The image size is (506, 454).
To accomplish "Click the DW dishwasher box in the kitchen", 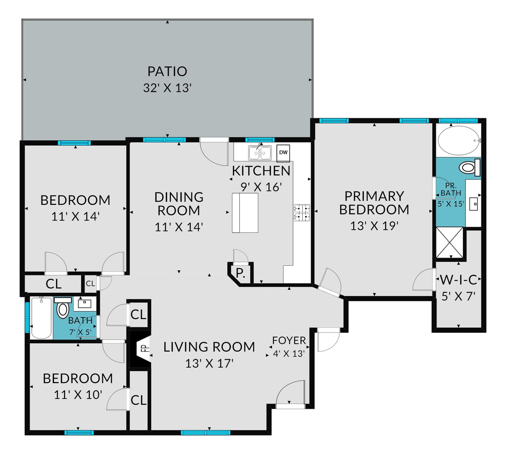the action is [283, 153].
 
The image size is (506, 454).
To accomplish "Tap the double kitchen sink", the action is [260, 153].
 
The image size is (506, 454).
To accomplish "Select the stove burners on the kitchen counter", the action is [302, 213].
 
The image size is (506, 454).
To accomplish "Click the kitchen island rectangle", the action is [245, 213].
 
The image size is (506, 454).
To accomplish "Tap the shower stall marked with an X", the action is [450, 243].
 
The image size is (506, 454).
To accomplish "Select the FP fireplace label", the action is [145, 349].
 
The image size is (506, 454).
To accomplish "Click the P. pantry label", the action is [240, 273].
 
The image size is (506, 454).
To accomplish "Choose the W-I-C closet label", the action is [459, 280].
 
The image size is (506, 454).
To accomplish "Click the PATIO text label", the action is [167, 72].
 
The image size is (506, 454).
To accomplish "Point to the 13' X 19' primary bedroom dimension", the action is [374, 226].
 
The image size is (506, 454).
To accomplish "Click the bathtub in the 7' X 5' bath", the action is [41, 318].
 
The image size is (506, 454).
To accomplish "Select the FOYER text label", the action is [289, 341].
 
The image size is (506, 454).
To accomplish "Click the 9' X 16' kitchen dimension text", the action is [261, 187].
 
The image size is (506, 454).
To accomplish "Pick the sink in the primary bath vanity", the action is [474, 204].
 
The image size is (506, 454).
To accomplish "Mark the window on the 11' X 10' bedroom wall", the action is [79, 433].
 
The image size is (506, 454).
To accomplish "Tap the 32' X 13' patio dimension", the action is [167, 88].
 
